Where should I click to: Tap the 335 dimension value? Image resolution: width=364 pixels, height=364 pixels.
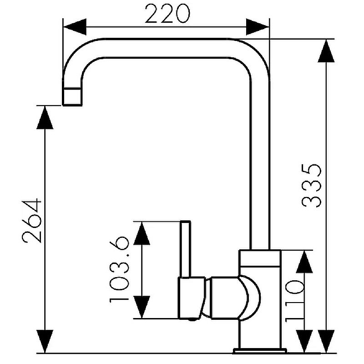[313, 185]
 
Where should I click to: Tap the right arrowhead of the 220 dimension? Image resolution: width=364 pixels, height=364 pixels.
[258, 26]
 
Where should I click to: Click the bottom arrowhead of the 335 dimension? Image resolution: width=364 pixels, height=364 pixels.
[326, 341]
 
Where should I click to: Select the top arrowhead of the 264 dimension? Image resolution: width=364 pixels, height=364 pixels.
[45, 117]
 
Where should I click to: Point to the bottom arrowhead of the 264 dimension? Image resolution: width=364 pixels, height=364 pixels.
[45, 341]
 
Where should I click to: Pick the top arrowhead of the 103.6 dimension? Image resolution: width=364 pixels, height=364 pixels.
[142, 233]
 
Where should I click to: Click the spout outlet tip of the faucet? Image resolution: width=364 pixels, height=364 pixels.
[72, 97]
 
